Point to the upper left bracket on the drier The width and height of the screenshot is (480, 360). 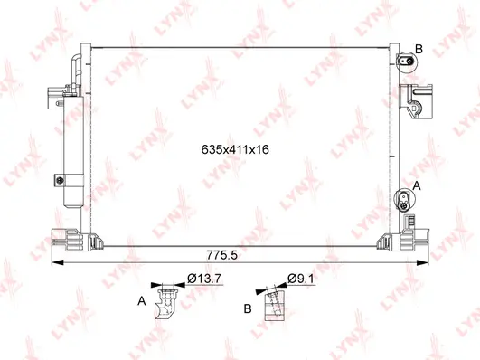point(56,94)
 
